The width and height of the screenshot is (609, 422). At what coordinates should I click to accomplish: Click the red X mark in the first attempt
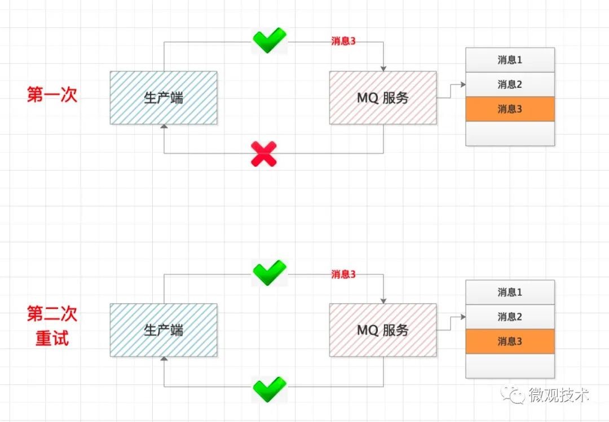coord(264,154)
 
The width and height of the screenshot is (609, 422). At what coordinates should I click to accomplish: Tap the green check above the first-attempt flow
coord(269,41)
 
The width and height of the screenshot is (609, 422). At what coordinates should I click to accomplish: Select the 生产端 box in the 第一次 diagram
coord(164,97)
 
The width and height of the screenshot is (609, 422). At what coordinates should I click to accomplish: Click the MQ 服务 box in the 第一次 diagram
coord(383,97)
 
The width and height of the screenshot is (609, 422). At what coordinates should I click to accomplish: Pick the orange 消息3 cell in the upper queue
coord(510,109)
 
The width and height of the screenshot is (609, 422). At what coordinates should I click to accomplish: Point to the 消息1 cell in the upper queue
coord(510,60)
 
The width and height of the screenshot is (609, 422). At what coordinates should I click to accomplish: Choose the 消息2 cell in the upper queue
coord(510,85)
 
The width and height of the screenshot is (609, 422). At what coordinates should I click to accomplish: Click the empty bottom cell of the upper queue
coord(510,134)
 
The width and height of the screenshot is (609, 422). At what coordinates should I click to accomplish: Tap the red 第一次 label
coord(52,95)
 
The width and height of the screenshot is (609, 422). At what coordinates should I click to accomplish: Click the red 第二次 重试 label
coord(52,326)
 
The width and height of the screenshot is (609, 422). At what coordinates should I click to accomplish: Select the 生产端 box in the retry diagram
coord(164,330)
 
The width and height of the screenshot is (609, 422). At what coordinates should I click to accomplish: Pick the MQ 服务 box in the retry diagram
coord(383,330)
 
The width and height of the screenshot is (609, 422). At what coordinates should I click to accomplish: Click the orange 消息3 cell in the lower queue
coord(510,341)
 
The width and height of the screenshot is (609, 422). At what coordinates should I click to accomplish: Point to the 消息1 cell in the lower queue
coord(510,292)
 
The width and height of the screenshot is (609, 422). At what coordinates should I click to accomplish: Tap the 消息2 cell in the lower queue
coord(510,317)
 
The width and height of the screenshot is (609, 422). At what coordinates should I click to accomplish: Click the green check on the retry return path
coord(269,387)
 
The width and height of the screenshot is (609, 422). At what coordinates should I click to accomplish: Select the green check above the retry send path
coord(269,273)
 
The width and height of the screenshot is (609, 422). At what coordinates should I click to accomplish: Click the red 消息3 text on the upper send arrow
coord(343,42)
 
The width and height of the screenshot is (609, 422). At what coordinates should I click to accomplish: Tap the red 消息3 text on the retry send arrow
coord(343,274)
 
